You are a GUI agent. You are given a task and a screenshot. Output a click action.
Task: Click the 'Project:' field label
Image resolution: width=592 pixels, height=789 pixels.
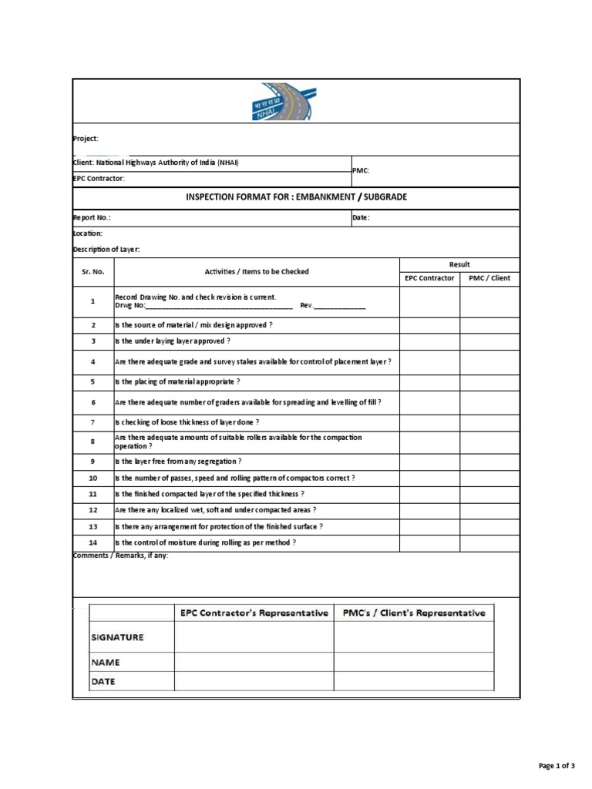[x=86, y=139]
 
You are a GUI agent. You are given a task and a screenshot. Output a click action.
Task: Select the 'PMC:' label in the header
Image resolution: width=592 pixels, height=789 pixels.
[x=361, y=170]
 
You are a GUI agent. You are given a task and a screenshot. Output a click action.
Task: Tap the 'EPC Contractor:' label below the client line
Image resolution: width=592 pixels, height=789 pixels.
[x=99, y=179]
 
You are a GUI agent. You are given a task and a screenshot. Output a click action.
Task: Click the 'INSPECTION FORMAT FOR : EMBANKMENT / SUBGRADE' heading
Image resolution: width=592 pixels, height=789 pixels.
[x=297, y=198]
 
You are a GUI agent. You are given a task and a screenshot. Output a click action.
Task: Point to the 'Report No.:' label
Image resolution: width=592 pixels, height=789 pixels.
[x=92, y=218]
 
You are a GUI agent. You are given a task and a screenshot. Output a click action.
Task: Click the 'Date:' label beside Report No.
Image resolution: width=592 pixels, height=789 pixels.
[x=361, y=218]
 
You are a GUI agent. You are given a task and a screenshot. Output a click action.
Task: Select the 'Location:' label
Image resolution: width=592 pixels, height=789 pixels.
[x=87, y=233]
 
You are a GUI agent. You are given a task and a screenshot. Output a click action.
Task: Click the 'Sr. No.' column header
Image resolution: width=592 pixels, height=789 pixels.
[x=93, y=272]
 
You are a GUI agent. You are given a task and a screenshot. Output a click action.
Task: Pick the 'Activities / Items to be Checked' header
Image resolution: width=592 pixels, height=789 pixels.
[x=257, y=272]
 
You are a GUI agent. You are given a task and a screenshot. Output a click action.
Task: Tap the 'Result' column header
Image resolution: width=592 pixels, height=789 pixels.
[x=459, y=264]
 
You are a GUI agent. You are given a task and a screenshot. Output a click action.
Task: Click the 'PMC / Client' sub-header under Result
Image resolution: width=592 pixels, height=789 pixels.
[x=489, y=278]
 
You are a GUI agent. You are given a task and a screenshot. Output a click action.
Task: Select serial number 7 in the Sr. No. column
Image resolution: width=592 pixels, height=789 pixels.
[x=93, y=422]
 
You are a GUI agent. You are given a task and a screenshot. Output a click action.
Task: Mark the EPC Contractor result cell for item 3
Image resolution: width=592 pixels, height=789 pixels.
[x=429, y=341]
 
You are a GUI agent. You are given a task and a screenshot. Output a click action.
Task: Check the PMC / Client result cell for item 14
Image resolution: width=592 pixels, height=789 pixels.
[x=489, y=542]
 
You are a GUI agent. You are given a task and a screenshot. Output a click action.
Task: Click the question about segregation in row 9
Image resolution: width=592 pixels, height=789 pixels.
[x=178, y=462]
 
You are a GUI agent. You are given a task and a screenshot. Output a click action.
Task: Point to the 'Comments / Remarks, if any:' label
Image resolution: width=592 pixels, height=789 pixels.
[x=120, y=556]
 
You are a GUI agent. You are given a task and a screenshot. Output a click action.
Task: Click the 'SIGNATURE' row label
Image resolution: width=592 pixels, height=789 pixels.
[x=117, y=637]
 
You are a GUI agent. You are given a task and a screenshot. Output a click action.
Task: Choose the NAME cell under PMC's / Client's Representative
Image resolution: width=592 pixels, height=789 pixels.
[x=414, y=662]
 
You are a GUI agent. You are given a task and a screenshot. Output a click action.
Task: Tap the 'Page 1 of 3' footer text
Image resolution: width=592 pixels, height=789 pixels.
[x=556, y=766]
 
